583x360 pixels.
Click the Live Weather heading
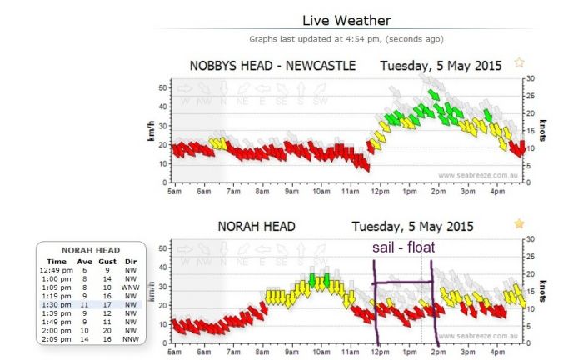tap(346, 20)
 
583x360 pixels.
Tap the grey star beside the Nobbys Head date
tap(520, 62)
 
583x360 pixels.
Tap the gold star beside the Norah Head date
tap(520, 223)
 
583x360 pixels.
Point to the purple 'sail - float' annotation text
tap(403, 247)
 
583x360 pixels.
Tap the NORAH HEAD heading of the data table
tap(91, 249)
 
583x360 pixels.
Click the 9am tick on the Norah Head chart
tap(291, 352)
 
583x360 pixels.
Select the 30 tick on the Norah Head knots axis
tap(531, 241)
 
